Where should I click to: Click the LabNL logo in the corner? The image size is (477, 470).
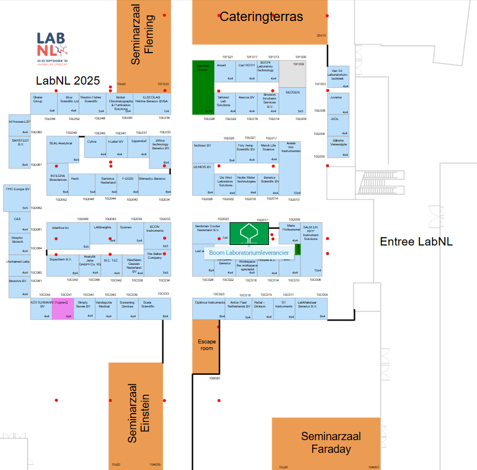52,46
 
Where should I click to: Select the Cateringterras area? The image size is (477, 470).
260,22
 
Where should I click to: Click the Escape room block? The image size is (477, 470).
206,346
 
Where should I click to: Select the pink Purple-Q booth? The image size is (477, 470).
62,309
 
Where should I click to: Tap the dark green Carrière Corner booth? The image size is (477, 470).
203,87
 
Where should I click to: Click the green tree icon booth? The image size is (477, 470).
249,233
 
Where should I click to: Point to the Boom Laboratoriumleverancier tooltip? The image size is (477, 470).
248,253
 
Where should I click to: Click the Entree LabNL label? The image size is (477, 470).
416,241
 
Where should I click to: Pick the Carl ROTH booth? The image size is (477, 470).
246,71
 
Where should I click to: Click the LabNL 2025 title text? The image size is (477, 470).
68,81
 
